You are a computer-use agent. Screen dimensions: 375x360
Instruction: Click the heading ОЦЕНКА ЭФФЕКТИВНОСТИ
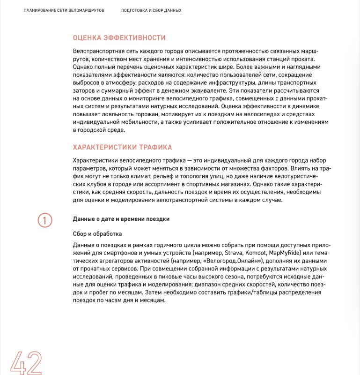coord(119,38)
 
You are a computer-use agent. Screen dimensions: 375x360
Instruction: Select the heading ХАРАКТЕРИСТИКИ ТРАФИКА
coord(123,147)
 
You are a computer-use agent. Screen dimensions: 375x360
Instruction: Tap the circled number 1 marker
coord(44,220)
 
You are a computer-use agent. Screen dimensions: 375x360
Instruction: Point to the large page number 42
coord(26,362)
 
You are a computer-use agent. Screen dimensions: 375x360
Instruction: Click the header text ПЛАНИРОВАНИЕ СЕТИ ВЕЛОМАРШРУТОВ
coord(64,10)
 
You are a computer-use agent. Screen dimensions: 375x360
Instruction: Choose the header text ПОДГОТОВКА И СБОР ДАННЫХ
coord(151,10)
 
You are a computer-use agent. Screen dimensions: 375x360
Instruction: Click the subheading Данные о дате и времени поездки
coord(121,219)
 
